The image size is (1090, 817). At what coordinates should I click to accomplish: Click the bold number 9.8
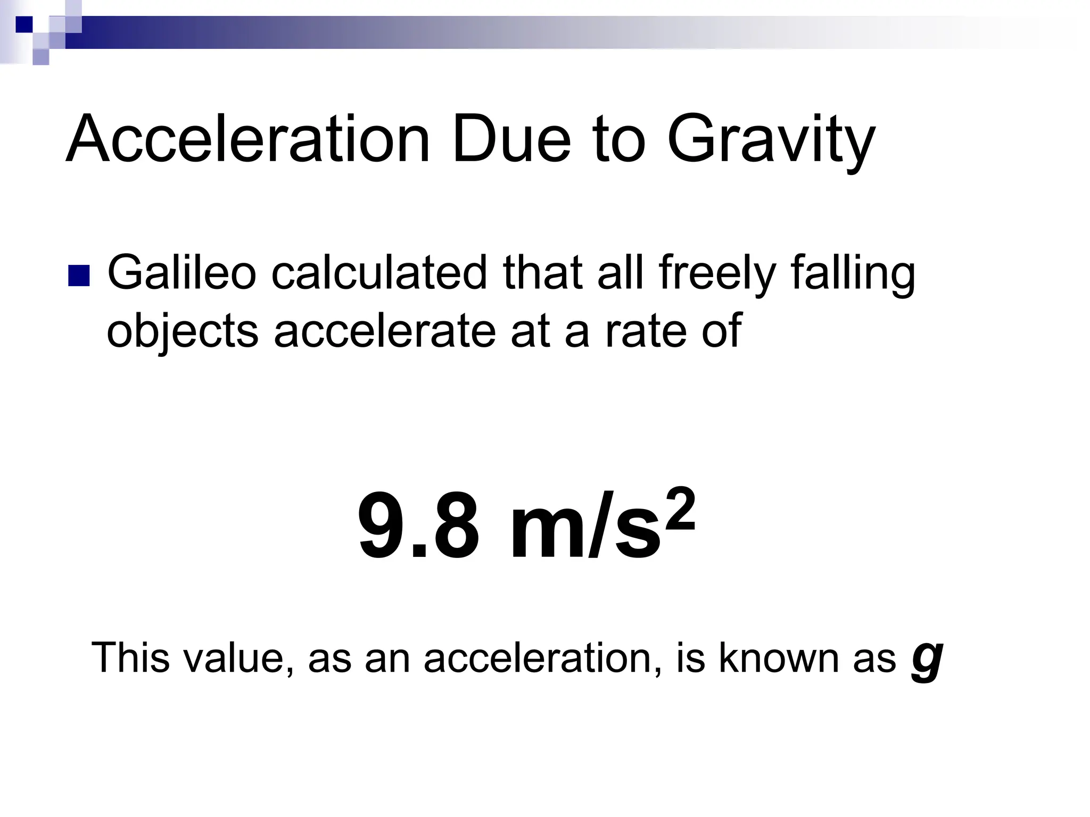pos(418,527)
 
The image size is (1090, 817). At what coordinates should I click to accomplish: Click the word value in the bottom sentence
pos(238,657)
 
